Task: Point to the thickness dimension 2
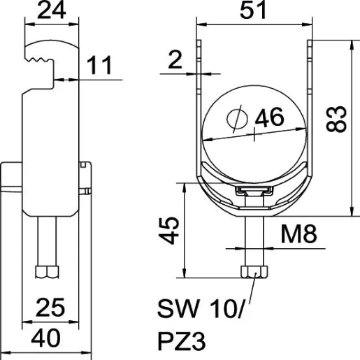pos(175,62)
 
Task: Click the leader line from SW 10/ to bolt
pos(248,294)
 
